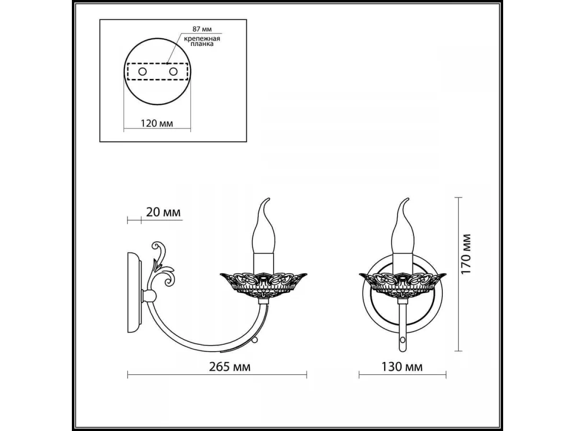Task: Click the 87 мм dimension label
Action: click(x=202, y=29)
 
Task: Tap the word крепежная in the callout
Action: click(x=202, y=39)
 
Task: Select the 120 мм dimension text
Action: click(x=157, y=123)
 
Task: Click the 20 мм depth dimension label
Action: click(x=163, y=212)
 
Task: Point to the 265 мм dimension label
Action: click(x=230, y=367)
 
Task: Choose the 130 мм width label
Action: click(x=402, y=367)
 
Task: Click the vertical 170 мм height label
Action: click(x=465, y=254)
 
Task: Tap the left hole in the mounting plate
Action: click(x=142, y=71)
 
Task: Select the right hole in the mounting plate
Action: click(x=173, y=71)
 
